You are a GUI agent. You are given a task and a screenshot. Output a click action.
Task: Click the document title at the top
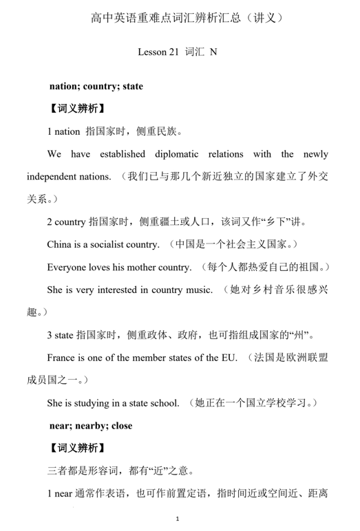click(180, 16)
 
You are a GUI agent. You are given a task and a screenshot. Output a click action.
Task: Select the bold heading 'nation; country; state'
click(96, 87)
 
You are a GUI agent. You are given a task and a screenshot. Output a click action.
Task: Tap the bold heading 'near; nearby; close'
click(91, 426)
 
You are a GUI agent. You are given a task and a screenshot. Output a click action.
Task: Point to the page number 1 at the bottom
click(178, 517)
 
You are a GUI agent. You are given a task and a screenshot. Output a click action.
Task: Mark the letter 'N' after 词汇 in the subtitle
click(213, 52)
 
